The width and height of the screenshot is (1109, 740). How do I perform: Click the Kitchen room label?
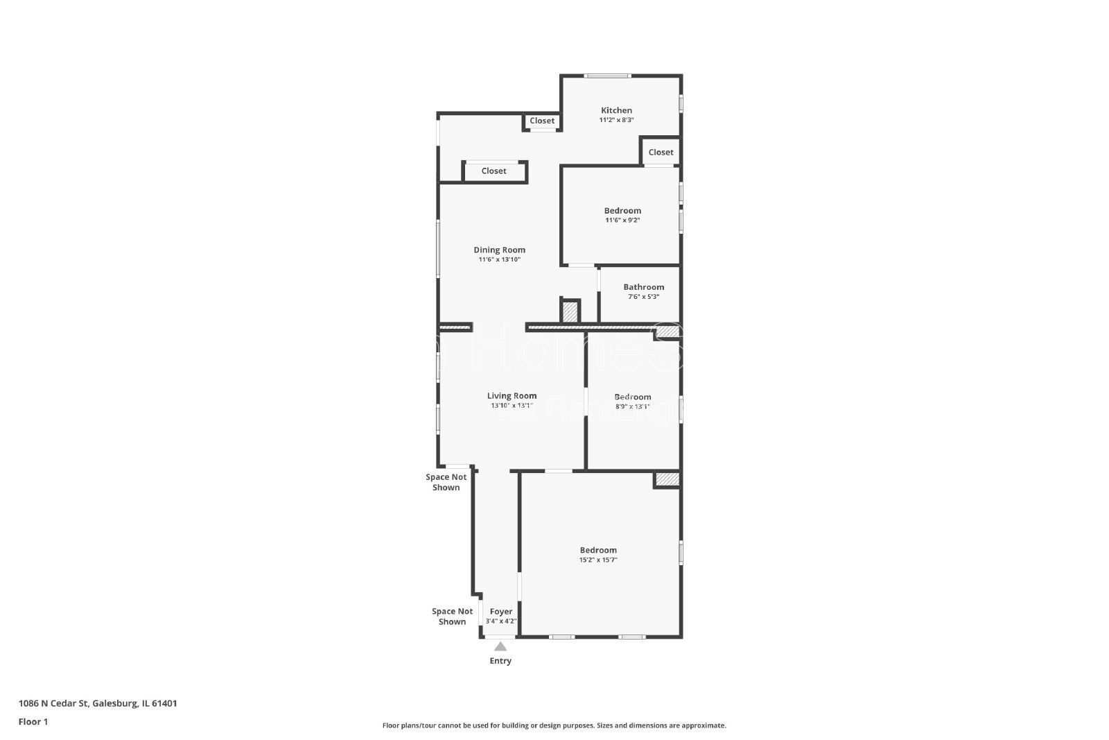[616, 110]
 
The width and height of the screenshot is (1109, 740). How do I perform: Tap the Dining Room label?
[499, 250]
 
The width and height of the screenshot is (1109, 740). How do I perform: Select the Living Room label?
[512, 396]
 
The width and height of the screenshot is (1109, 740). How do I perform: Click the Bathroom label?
[643, 287]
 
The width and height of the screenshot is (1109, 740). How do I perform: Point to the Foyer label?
[501, 612]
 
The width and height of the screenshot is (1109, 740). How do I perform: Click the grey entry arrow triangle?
[500, 646]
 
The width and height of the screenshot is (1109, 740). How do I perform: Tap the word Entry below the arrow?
[500, 661]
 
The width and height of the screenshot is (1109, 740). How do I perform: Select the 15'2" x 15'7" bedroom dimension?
[598, 560]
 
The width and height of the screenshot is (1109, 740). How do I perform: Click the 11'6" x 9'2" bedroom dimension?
[622, 221]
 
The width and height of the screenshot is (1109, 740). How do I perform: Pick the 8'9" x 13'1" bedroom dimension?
[632, 406]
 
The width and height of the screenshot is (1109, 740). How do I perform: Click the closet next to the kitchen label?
[542, 121]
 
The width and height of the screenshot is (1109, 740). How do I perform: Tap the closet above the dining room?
[494, 171]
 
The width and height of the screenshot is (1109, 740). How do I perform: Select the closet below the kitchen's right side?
[661, 153]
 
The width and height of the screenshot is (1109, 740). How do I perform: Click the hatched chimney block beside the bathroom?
[570, 311]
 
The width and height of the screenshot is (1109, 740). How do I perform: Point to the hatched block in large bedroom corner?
[667, 479]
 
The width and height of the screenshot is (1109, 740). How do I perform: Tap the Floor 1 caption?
[33, 721]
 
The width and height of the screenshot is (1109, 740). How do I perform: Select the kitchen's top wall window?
[607, 76]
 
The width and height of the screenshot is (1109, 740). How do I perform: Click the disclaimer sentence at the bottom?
[554, 725]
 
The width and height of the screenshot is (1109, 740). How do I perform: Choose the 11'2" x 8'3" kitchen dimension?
[616, 120]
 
